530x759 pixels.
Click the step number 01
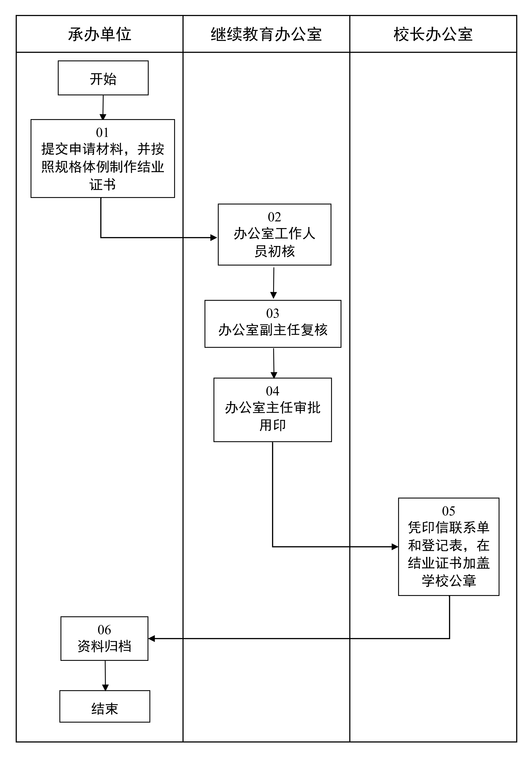[102, 133]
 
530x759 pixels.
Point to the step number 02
[274, 217]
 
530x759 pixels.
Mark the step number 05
[449, 511]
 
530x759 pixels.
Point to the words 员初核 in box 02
[274, 251]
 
